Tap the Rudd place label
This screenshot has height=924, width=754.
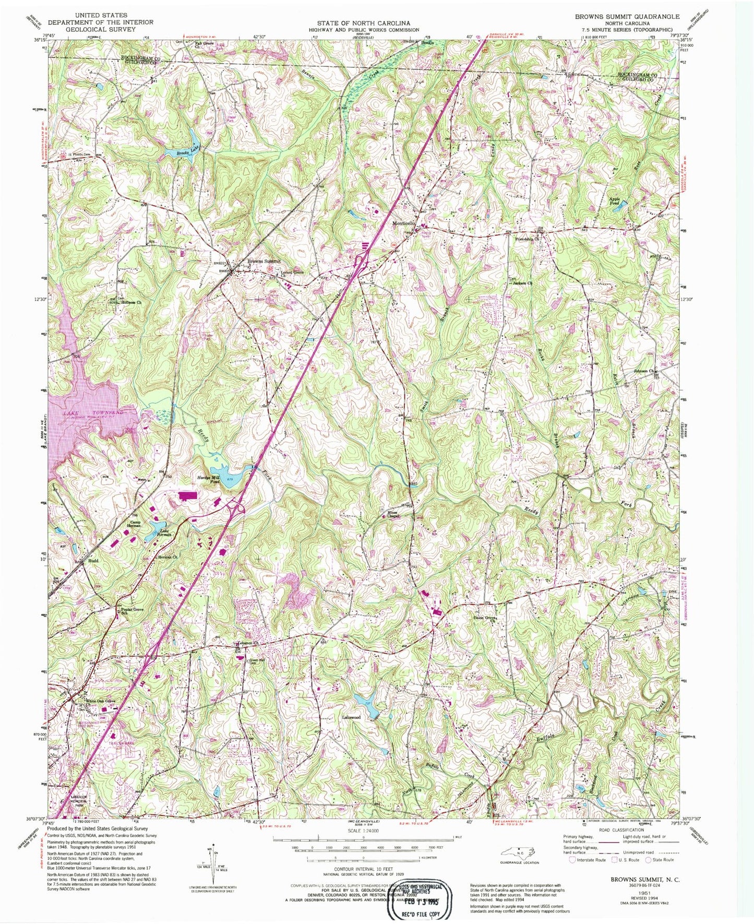pos(93,561)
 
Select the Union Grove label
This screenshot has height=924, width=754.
pos(484,618)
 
